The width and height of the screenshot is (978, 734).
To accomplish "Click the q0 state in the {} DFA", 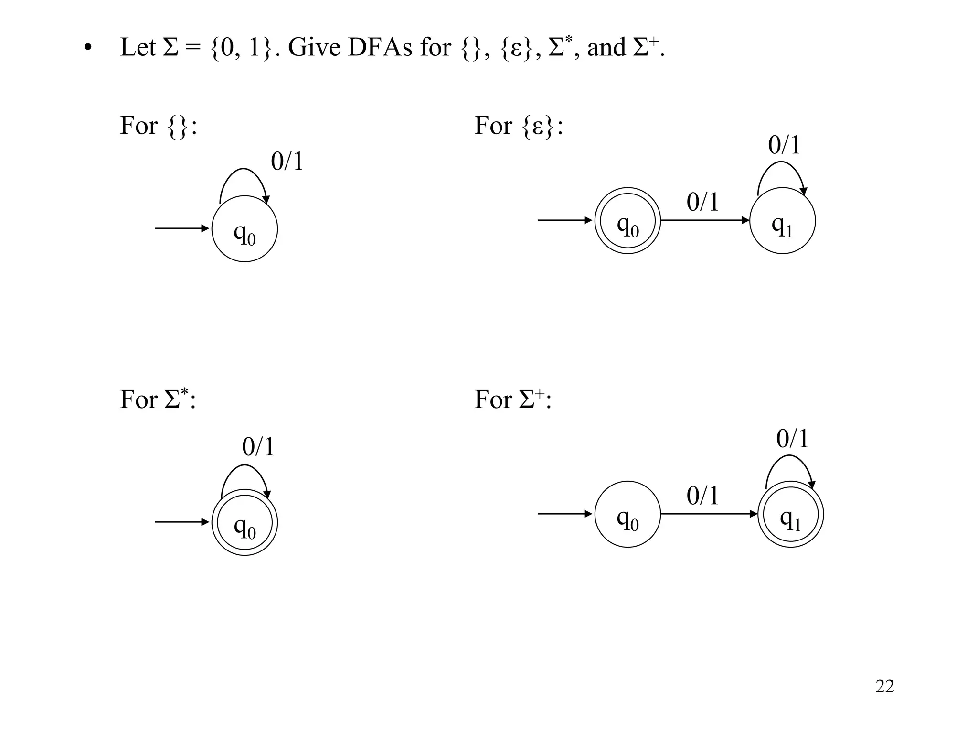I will [244, 229].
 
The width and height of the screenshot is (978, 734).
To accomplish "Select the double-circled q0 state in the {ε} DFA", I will [627, 221].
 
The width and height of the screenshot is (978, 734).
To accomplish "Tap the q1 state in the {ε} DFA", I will [782, 221].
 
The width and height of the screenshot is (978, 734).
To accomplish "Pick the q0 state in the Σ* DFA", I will [244, 522].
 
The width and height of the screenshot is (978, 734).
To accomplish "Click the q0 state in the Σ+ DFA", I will [627, 514].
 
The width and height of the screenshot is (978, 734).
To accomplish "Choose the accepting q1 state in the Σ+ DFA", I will [790, 515].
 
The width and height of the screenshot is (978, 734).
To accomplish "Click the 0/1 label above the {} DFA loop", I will [287, 162].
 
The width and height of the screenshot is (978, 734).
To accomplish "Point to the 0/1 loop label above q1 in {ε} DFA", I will [784, 145].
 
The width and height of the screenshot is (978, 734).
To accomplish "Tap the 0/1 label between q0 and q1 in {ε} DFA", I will [702, 202].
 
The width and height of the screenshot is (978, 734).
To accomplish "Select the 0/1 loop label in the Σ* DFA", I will [258, 447].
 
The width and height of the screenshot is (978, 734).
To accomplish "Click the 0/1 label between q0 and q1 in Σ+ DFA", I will [702, 496].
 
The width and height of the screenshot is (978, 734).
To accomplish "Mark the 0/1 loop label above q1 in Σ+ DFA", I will [792, 439].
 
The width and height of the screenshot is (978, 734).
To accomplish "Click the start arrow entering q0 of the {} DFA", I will [182, 228].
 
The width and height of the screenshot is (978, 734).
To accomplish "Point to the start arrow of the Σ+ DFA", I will [565, 514].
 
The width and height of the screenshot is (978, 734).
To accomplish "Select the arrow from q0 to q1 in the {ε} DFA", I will [705, 220].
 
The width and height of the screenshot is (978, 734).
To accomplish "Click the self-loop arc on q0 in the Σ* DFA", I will [244, 467].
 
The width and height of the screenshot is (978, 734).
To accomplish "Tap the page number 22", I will [884, 686].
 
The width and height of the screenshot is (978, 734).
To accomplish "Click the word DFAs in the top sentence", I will [380, 48].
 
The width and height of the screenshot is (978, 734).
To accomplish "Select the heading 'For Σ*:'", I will [158, 399].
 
